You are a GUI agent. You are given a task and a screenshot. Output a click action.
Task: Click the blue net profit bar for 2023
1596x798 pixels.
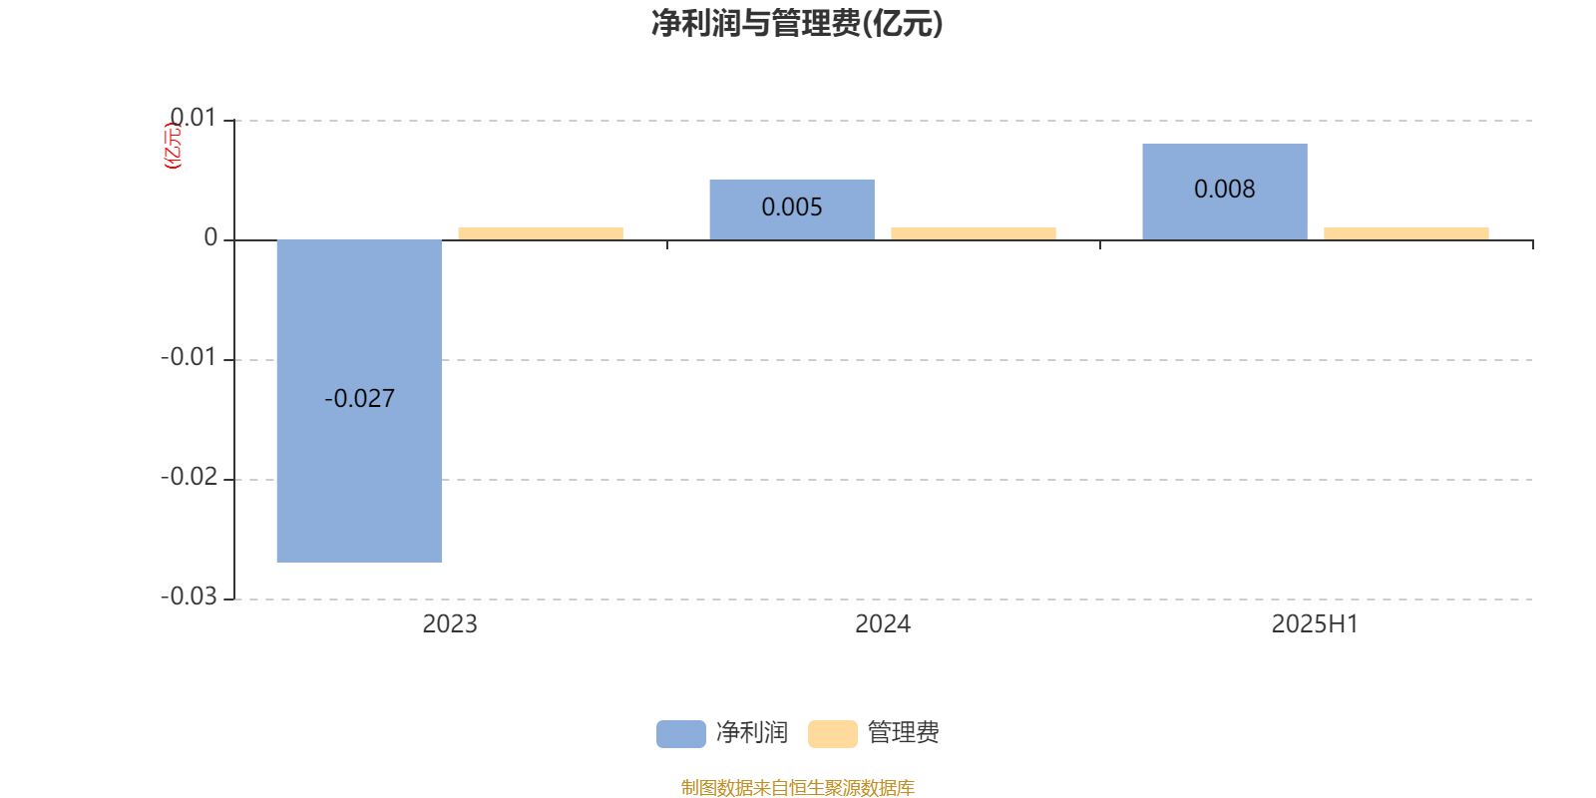pyautogui.click(x=359, y=401)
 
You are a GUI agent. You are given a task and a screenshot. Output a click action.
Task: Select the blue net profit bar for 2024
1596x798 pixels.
pyautogui.click(x=792, y=209)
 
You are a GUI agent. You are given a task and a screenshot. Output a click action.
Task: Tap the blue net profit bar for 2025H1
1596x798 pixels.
pyautogui.click(x=1225, y=192)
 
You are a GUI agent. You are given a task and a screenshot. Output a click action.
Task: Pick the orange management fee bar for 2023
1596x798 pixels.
pyautogui.click(x=540, y=233)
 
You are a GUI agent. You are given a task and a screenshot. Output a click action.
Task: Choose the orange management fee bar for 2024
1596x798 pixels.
pyautogui.click(x=974, y=233)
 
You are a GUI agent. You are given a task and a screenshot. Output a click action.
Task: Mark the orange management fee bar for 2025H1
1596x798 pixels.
pyautogui.click(x=1405, y=233)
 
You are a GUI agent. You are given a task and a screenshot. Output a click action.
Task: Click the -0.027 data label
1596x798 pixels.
pyautogui.click(x=359, y=398)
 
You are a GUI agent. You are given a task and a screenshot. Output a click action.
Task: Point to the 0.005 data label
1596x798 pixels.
pyautogui.click(x=792, y=207)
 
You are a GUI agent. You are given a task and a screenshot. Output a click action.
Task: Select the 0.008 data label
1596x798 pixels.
pyautogui.click(x=1225, y=189)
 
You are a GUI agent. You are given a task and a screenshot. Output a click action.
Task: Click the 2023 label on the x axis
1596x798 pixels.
pyautogui.click(x=450, y=624)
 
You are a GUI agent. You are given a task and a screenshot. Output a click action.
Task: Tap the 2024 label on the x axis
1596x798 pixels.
pyautogui.click(x=883, y=624)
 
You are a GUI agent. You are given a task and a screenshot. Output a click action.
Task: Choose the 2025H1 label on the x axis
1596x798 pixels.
pyautogui.click(x=1316, y=624)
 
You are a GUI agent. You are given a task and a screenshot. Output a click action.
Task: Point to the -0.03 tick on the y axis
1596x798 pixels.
pyautogui.click(x=189, y=597)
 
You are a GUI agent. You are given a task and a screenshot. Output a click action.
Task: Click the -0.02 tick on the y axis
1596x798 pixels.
pyautogui.click(x=189, y=477)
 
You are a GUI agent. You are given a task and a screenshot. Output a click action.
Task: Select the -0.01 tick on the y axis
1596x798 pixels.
pyautogui.click(x=189, y=357)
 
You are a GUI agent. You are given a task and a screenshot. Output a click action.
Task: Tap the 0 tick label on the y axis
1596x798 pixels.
pyautogui.click(x=210, y=237)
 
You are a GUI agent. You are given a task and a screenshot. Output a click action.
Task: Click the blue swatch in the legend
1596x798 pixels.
pyautogui.click(x=680, y=734)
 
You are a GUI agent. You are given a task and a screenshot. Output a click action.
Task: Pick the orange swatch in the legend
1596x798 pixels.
pyautogui.click(x=832, y=734)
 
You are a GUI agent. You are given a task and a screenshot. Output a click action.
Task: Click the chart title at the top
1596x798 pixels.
pyautogui.click(x=797, y=24)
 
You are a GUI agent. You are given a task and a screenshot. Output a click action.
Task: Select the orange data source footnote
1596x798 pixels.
pyautogui.click(x=797, y=787)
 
